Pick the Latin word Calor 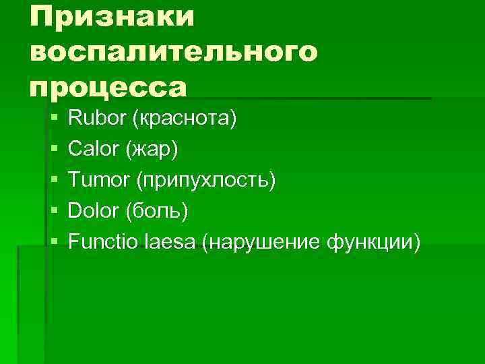(x=94, y=150)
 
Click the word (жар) (x=152, y=150)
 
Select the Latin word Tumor (x=99, y=180)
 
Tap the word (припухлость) (x=206, y=181)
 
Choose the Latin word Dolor (x=94, y=210)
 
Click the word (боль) (x=157, y=211)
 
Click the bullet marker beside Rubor (x=54, y=119)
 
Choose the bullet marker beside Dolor (x=54, y=211)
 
